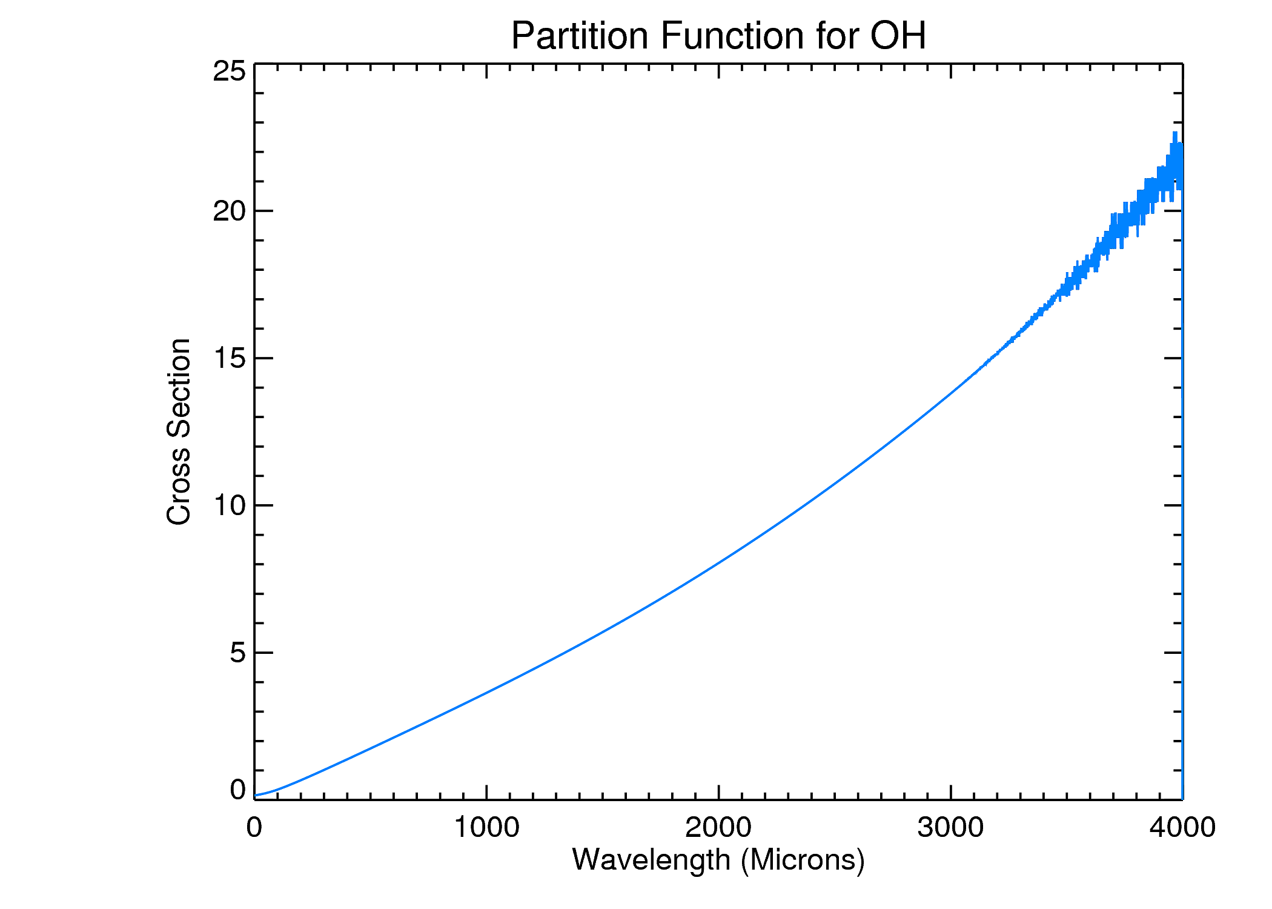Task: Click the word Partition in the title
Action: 580,36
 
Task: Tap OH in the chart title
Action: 898,36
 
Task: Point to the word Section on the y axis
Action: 179,388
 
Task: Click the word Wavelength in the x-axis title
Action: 651,859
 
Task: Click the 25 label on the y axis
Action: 229,71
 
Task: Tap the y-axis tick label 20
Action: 229,211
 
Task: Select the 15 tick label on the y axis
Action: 229,358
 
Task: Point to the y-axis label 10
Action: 229,505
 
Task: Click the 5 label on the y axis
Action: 237,653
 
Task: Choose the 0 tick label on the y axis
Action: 237,789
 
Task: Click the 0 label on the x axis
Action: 254,827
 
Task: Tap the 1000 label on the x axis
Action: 486,827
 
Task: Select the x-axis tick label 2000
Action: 718,827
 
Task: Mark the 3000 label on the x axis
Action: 950,827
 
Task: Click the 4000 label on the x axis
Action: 1182,827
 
